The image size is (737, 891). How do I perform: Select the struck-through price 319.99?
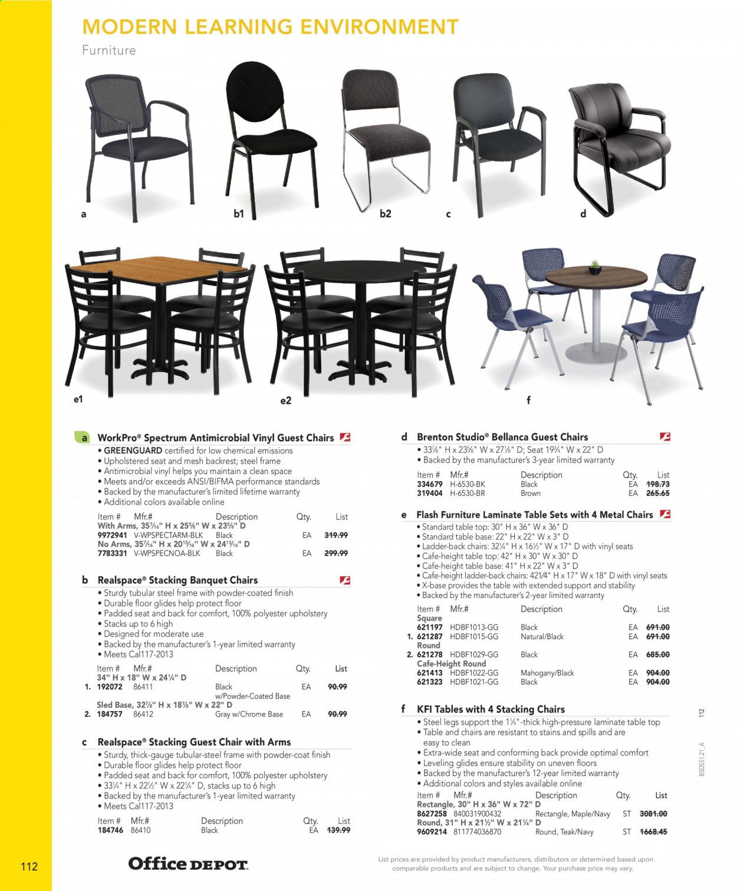[x=336, y=535]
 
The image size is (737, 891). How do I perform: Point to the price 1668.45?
[x=653, y=832]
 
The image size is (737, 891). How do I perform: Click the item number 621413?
[x=429, y=673]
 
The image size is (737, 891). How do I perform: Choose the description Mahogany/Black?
[x=547, y=673]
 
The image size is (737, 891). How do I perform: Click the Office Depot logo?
[x=188, y=864]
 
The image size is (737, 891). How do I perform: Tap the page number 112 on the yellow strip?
[x=29, y=866]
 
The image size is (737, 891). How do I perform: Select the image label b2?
[x=385, y=213]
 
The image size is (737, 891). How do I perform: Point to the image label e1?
[x=78, y=399]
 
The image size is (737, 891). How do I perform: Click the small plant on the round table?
[x=595, y=267]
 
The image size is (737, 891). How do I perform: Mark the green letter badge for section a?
[x=83, y=438]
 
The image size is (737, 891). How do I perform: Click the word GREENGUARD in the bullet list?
[x=133, y=451]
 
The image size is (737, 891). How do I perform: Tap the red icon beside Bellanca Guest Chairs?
[x=665, y=437]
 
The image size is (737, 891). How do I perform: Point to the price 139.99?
[x=338, y=830]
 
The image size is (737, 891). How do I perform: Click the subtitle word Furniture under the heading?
[x=108, y=50]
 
